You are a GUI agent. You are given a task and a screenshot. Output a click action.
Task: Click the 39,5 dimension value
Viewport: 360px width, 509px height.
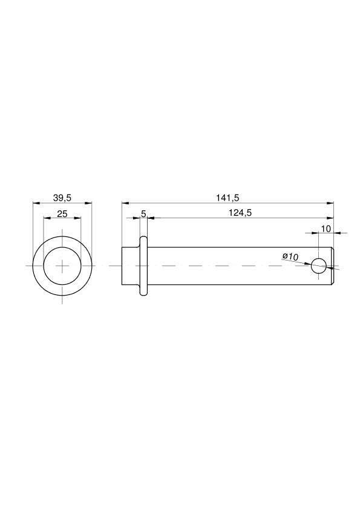click(62, 197)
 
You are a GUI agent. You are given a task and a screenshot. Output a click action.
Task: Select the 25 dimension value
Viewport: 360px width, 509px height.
click(62, 213)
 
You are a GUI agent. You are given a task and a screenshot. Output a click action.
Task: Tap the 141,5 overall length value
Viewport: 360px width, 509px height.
click(227, 197)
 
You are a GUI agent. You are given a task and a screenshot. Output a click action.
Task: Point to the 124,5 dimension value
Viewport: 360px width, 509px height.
click(240, 213)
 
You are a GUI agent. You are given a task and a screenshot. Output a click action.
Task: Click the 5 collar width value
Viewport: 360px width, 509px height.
click(143, 213)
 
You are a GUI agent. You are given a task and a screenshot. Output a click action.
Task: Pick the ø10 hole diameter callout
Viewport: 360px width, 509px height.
click(290, 256)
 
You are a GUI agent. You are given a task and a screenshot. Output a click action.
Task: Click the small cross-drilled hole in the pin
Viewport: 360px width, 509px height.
click(319, 266)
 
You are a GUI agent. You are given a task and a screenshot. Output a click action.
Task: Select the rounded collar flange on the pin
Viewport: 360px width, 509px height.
click(143, 266)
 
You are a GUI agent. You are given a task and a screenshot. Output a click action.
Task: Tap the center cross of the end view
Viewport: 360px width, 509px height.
click(62, 266)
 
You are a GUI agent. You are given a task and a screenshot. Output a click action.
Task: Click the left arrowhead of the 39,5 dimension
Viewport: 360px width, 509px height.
click(36, 203)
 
